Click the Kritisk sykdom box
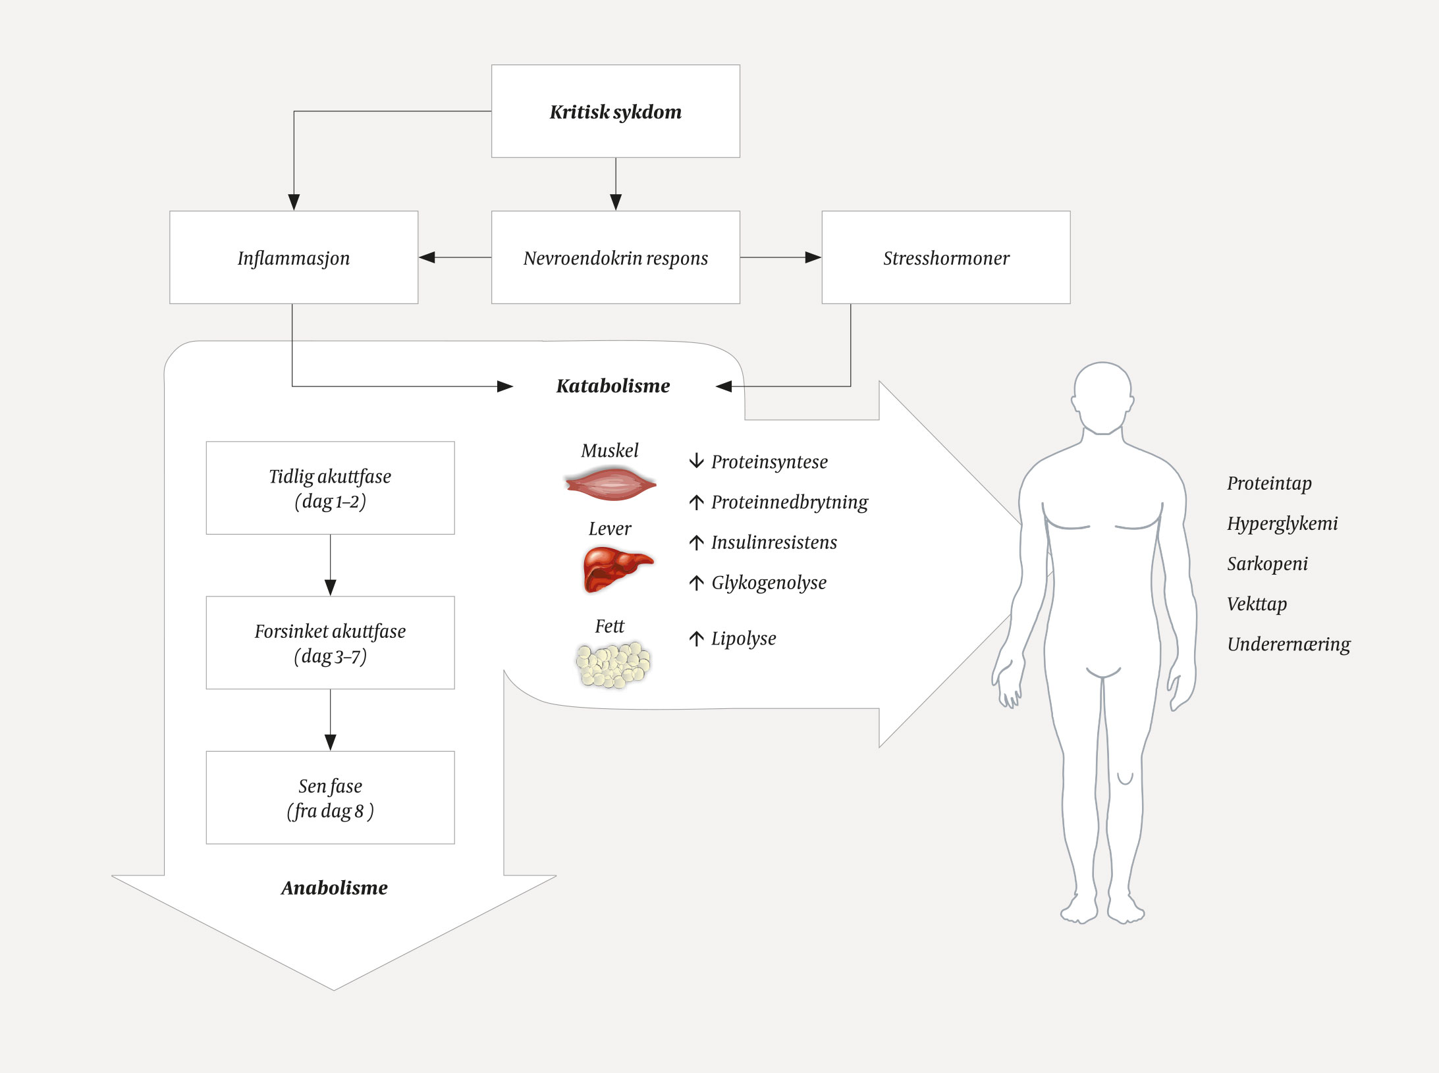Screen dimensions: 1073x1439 click(x=615, y=111)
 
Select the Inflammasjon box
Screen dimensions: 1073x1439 click(x=294, y=257)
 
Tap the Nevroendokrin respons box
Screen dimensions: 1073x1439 click(x=615, y=257)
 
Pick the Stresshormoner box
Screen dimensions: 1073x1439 click(x=946, y=257)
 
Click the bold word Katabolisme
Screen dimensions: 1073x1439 click(x=612, y=386)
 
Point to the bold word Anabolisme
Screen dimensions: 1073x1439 click(x=335, y=888)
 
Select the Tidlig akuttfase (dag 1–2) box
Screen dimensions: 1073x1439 click(x=330, y=488)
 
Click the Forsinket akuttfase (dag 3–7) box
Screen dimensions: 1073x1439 click(x=330, y=642)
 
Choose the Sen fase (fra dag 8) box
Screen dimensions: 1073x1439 click(x=330, y=797)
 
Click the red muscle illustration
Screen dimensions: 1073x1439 click(x=611, y=484)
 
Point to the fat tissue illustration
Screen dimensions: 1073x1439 click(x=613, y=664)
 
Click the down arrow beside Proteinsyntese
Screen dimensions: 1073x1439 click(x=696, y=461)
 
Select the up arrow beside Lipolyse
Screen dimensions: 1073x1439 click(x=696, y=639)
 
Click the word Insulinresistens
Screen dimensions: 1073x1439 click(x=774, y=542)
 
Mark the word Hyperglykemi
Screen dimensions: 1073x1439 click(x=1282, y=524)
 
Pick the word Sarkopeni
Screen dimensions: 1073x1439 click(x=1267, y=564)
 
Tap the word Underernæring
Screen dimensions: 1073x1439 click(x=1288, y=644)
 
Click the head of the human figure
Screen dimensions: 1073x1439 click(x=1102, y=396)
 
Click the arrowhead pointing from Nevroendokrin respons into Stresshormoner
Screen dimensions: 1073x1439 click(x=813, y=257)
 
